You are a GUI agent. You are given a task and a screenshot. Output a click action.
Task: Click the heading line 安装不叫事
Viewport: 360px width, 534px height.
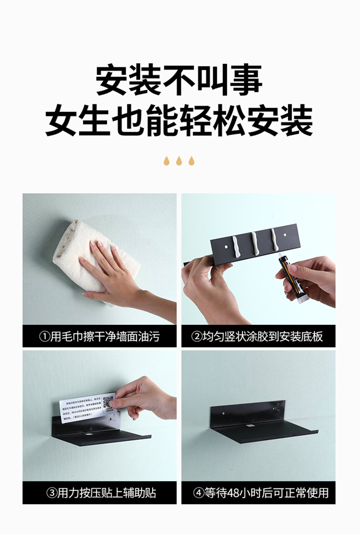point(179,81)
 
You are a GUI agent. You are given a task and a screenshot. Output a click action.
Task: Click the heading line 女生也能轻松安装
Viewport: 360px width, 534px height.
point(179,121)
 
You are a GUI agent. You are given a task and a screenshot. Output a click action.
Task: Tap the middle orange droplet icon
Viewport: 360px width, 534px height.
point(179,161)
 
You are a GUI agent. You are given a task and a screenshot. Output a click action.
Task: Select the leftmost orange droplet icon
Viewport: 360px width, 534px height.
point(167,161)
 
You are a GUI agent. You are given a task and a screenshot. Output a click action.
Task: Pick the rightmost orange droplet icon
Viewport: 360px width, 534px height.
point(191,161)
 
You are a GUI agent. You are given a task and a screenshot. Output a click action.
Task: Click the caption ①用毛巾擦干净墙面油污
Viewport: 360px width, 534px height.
point(99,337)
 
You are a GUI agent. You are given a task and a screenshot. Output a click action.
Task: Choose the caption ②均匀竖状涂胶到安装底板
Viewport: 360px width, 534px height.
point(258,337)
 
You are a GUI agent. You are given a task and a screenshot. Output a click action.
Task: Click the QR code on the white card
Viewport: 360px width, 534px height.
point(108,402)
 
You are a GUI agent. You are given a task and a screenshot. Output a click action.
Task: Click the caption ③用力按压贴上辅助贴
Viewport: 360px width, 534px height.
point(99,493)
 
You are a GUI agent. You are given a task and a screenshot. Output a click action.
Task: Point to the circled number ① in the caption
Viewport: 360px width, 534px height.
point(44,337)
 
